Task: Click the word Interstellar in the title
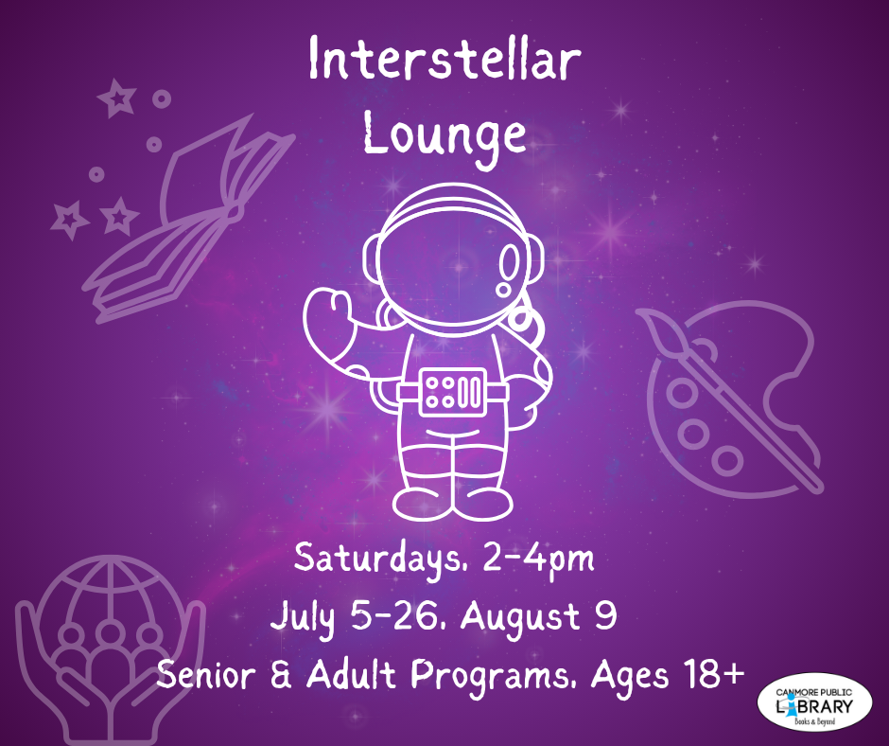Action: pyautogui.click(x=445, y=59)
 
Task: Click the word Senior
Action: pyautogui.click(x=206, y=675)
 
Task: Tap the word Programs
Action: pyautogui.click(x=491, y=677)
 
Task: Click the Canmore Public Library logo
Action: pyautogui.click(x=814, y=702)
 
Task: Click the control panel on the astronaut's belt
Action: pyautogui.click(x=453, y=392)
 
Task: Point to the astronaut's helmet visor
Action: pyautogui.click(x=454, y=264)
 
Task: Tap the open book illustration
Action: pyautogui.click(x=187, y=221)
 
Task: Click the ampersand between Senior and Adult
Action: pyautogui.click(x=281, y=675)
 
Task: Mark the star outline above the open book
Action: pyautogui.click(x=117, y=98)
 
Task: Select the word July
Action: pyautogui.click(x=303, y=619)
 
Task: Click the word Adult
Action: pyautogui.click(x=350, y=674)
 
